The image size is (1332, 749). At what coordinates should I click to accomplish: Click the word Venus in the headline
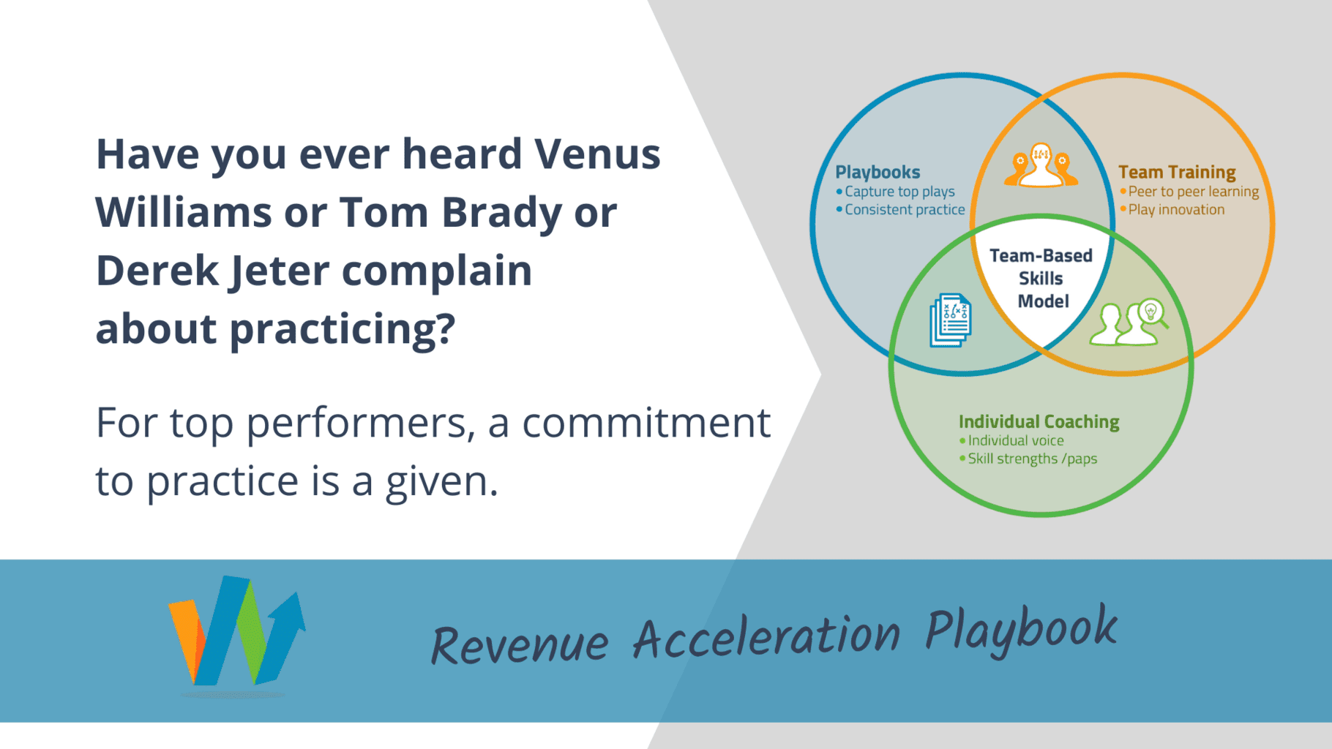(x=597, y=154)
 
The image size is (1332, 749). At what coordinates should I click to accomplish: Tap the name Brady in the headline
(x=501, y=213)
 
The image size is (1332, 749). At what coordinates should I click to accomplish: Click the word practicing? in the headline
(x=343, y=329)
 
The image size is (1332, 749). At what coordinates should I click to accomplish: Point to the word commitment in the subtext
(x=646, y=423)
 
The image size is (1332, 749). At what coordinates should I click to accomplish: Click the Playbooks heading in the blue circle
(x=878, y=172)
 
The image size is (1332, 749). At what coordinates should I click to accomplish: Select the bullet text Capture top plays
(x=899, y=192)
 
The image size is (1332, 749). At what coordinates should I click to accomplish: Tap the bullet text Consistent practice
(x=905, y=210)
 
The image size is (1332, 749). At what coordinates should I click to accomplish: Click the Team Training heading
(x=1177, y=172)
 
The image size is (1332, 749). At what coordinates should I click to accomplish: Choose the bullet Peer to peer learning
(x=1193, y=192)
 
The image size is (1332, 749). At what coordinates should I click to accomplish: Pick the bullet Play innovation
(x=1176, y=210)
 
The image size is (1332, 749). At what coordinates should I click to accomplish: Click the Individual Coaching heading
(x=1039, y=422)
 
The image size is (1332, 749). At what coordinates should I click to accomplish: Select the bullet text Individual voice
(x=1016, y=441)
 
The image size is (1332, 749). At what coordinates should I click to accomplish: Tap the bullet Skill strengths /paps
(x=1032, y=459)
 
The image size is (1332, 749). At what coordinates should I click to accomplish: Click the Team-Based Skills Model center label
(x=1041, y=279)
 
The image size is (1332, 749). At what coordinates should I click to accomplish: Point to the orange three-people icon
(x=1041, y=165)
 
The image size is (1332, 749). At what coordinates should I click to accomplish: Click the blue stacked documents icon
(x=951, y=320)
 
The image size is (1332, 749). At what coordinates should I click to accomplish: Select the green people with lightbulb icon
(x=1128, y=323)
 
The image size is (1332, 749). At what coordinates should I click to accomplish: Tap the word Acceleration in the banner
(x=766, y=636)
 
